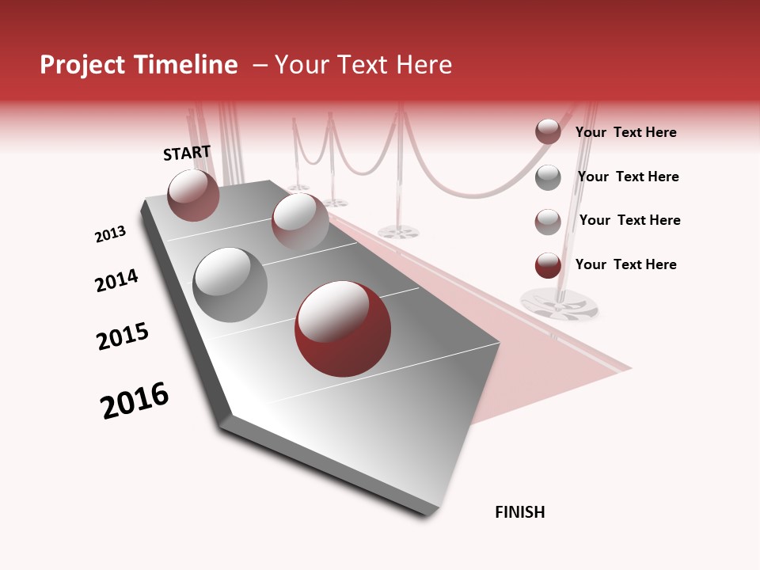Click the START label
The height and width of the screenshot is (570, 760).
point(187,153)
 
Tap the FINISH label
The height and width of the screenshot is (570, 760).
point(519,512)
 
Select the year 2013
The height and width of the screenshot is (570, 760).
point(110,234)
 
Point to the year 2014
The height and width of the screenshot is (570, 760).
point(116,280)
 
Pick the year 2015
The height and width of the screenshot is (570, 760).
point(123,336)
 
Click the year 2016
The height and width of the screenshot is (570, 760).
point(135,401)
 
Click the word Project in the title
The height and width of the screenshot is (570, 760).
point(83,65)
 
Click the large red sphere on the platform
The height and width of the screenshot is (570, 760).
point(342,329)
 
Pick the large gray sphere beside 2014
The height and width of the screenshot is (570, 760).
point(230,284)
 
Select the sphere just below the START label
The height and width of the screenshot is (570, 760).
point(194,195)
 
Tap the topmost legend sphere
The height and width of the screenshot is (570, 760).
point(548,132)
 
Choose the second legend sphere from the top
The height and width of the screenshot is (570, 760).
point(548,177)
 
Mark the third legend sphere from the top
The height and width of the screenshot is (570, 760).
point(548,221)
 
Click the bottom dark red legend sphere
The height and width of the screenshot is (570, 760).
point(548,265)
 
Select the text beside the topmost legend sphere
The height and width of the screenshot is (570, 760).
point(625,132)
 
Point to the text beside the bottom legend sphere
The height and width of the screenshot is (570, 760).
point(625,264)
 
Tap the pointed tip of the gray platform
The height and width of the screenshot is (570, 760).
point(427,513)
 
